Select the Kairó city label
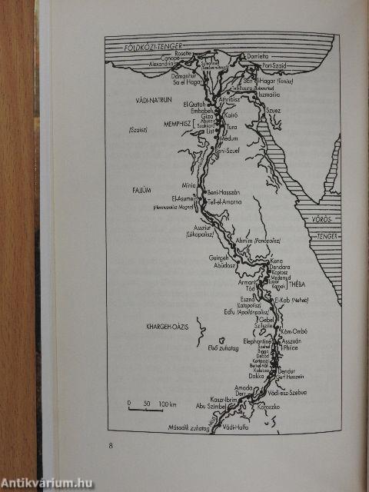(x=231, y=111)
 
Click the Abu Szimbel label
(x=191, y=408)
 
